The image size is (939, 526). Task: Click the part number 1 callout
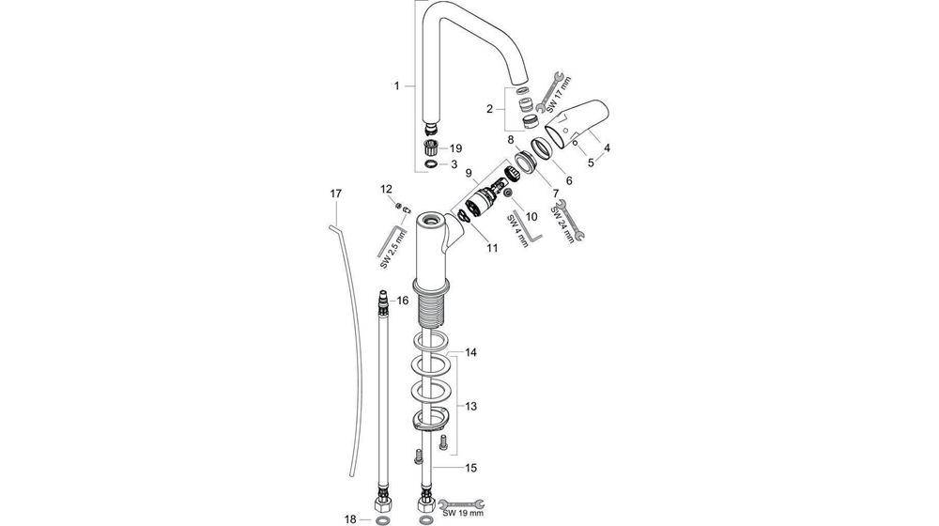pos(397,85)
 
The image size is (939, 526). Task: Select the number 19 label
pos(455,148)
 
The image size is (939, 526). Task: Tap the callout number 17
pos(335,193)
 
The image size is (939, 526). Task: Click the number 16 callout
pos(402,301)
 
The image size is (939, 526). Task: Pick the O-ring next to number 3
pos(430,163)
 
